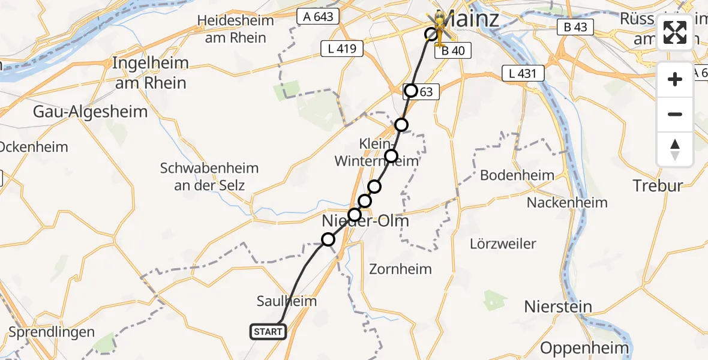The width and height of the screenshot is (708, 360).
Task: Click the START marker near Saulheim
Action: (x=268, y=331)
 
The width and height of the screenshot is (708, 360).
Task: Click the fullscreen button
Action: (x=675, y=32)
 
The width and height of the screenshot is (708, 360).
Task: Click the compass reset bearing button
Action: (x=675, y=149)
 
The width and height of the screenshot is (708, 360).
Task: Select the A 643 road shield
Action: (x=318, y=17)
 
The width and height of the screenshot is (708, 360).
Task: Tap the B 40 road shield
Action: (x=453, y=51)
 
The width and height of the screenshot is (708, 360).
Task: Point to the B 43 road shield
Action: (x=575, y=27)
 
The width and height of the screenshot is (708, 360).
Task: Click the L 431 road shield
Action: (x=523, y=74)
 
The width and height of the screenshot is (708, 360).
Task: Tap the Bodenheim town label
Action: (x=517, y=175)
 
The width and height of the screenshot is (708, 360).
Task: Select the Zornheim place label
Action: (x=400, y=268)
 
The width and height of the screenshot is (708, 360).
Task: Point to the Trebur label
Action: (x=658, y=185)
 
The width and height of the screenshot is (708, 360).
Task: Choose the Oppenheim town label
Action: (x=584, y=347)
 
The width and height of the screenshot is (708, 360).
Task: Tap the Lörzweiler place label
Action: (x=503, y=244)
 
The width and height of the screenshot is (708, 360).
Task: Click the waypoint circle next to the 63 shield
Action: (x=411, y=91)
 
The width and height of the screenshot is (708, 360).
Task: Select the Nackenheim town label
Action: (x=567, y=203)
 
